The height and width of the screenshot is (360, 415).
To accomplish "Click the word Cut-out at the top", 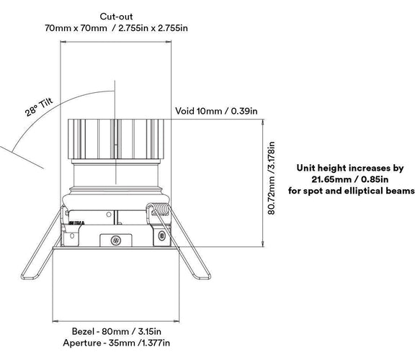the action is coord(116,17).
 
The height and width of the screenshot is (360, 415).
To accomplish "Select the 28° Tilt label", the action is coord(39,107).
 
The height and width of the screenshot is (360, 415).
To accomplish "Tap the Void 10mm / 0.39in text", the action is coord(216,111).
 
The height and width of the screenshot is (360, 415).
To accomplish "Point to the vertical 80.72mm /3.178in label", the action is coord(272,178).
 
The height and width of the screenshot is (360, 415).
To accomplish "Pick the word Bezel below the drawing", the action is coord(83,331).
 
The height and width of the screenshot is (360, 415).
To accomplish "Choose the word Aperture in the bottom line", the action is coord(82,343).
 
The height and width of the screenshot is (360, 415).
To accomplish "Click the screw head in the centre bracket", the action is coord(116,240).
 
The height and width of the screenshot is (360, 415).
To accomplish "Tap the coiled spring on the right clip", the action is coord(159,208).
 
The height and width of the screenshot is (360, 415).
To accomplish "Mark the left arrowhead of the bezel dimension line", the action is coord(55,321).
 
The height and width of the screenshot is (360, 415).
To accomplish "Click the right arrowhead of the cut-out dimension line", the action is coord(169,42).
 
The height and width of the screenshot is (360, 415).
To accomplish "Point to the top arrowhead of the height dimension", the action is coord(263,122).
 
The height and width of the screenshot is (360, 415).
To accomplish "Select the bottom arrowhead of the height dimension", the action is coord(263,244).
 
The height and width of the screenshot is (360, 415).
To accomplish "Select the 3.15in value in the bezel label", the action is coord(149,331).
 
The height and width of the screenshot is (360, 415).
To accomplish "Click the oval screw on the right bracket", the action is coord(161,235).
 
